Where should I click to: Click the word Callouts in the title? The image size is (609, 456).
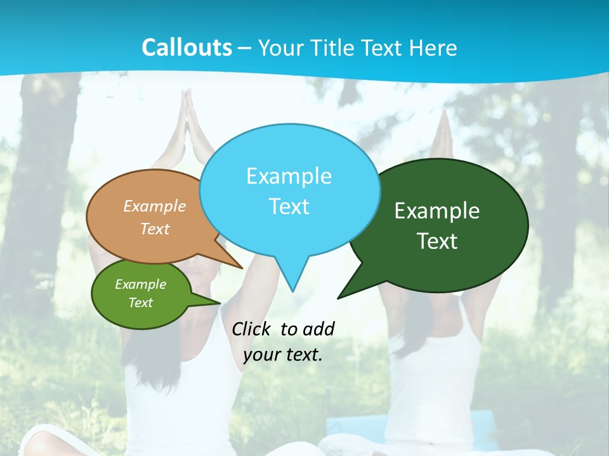click(x=187, y=47)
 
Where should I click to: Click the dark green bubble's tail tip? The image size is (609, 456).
click(x=338, y=298)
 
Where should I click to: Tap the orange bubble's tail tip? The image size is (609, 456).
click(x=242, y=268)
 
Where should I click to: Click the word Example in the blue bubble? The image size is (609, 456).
click(x=289, y=176)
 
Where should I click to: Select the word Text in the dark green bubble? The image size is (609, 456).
click(x=437, y=241)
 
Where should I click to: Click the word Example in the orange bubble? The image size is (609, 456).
click(x=155, y=206)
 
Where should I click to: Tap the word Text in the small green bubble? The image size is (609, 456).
click(x=141, y=303)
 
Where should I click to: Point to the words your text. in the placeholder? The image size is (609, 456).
click(x=283, y=355)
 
